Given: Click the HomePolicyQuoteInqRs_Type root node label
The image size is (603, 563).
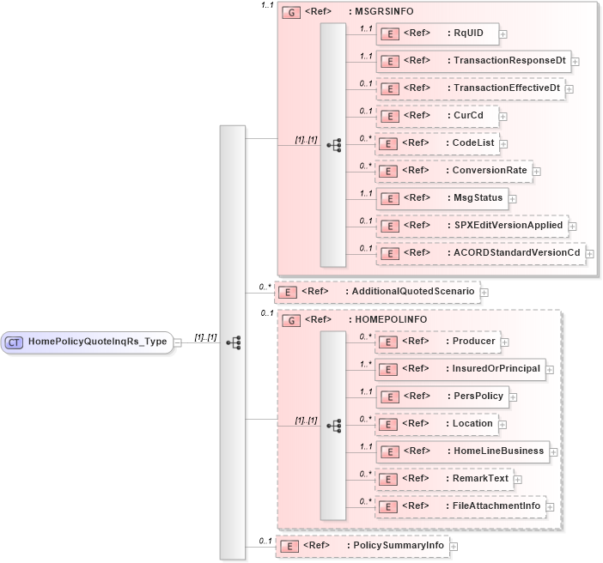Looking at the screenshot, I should (x=98, y=342).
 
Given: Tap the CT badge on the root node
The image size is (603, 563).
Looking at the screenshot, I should (x=15, y=342).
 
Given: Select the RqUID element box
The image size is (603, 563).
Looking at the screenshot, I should (x=438, y=33).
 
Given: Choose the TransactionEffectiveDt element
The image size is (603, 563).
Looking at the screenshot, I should (x=472, y=88).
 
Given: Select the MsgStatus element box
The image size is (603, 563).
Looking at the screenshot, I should (x=442, y=197).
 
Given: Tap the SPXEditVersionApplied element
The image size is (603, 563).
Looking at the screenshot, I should (x=472, y=225).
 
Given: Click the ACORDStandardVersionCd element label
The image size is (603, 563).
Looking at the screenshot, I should (x=517, y=252).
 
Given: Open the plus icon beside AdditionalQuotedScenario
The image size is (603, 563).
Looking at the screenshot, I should (x=484, y=292).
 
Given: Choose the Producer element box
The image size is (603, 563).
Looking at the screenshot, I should (x=438, y=342).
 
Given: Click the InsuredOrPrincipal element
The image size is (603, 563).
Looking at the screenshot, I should (x=460, y=369).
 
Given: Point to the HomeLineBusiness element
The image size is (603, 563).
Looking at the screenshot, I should (x=463, y=451).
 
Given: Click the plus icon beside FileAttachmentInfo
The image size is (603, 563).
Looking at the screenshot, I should (x=550, y=506).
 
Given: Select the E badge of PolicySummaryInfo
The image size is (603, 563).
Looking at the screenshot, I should (x=290, y=545).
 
